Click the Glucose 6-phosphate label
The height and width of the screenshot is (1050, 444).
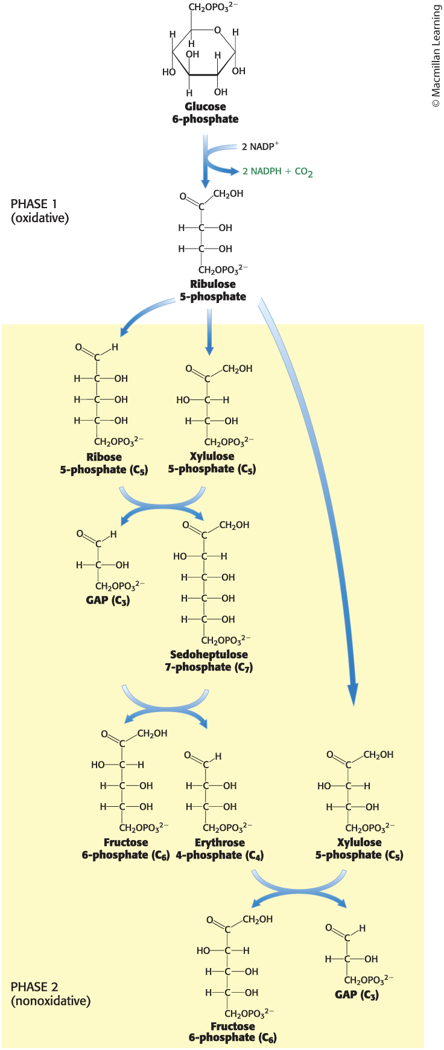pyautogui.click(x=205, y=113)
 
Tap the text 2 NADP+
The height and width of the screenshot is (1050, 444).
pyautogui.click(x=260, y=147)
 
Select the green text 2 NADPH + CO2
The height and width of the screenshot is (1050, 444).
pyautogui.click(x=277, y=172)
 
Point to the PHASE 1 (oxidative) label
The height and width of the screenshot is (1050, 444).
pyautogui.click(x=40, y=211)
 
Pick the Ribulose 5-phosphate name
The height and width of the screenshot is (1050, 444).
pyautogui.click(x=213, y=290)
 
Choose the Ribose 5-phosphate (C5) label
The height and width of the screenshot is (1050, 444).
pyautogui.click(x=104, y=463)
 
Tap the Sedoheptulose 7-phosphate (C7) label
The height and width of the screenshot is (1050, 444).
pyautogui.click(x=209, y=661)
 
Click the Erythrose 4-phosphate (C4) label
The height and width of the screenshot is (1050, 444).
pyautogui.click(x=220, y=849)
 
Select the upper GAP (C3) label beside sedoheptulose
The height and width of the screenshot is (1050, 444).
pyautogui.click(x=108, y=600)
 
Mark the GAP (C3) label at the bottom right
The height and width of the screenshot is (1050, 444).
pyautogui.click(x=357, y=994)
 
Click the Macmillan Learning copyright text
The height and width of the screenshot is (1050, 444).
pyautogui.click(x=436, y=57)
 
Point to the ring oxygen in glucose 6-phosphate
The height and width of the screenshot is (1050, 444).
pyautogui.click(x=217, y=30)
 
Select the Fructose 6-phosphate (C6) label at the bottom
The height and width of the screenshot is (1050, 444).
pyautogui.click(x=233, y=1032)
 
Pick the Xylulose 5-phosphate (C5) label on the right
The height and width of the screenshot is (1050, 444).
pyautogui.click(x=359, y=849)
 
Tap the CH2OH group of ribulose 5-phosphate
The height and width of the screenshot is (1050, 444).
pyautogui.click(x=228, y=194)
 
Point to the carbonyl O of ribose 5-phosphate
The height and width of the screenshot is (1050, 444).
pyautogui.click(x=79, y=348)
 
